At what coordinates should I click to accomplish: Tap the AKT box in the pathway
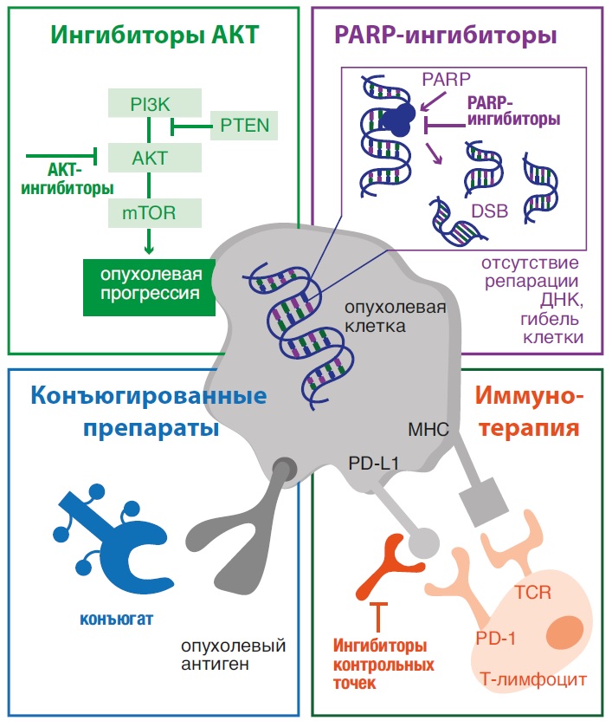tap(149, 159)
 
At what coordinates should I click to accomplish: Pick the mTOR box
tap(149, 212)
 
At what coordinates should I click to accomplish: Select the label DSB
tap(489, 211)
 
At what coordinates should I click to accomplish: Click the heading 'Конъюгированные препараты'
tap(149, 412)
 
